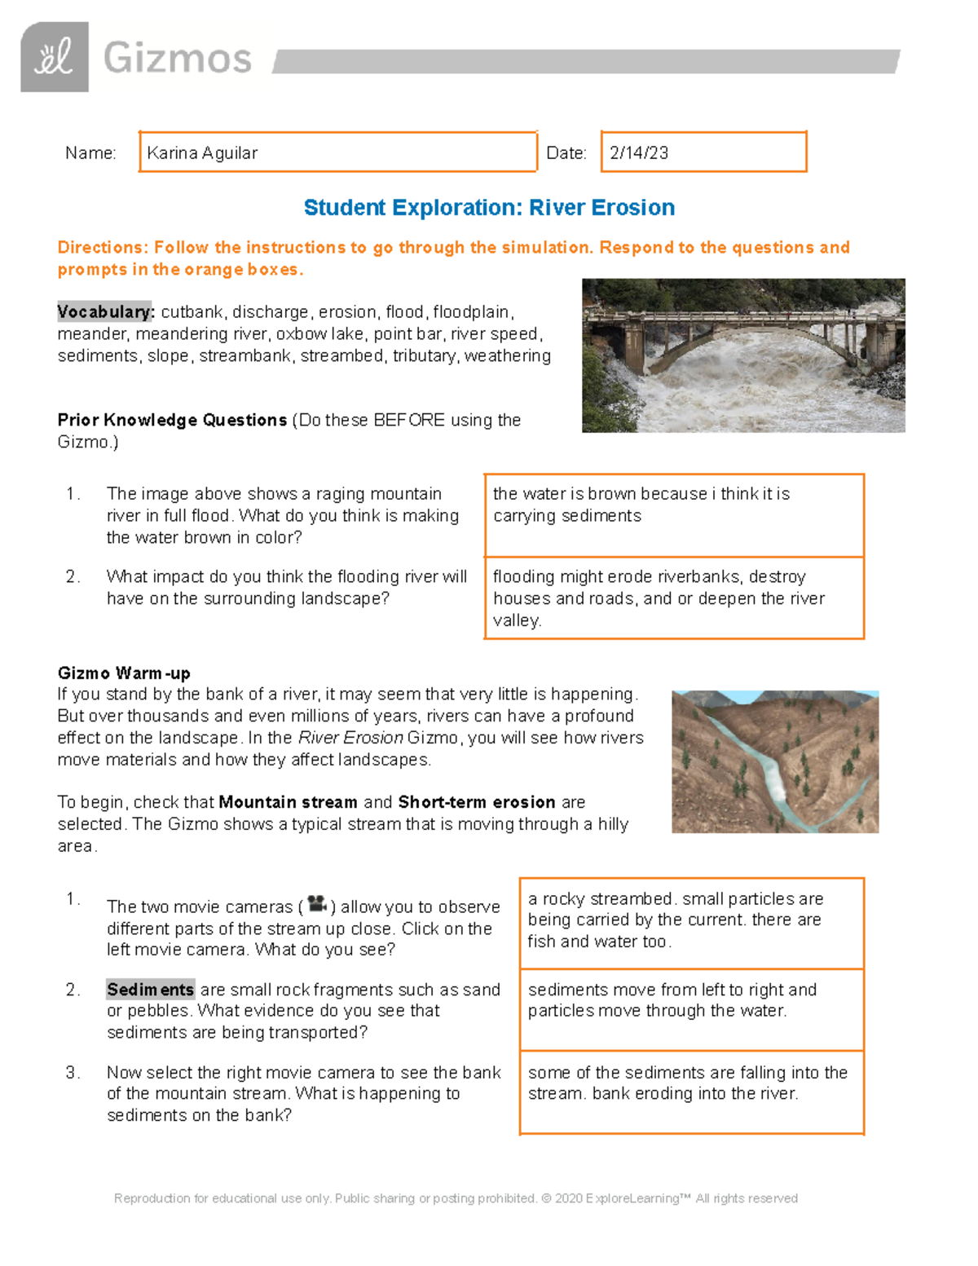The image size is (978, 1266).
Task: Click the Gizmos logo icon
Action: pos(54,57)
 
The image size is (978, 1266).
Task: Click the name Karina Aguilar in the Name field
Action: pos(202,153)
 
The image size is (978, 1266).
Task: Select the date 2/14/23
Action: pos(639,153)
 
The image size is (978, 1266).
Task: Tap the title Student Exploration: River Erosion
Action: pos(489,208)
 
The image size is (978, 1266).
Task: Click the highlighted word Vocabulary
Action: pos(104,312)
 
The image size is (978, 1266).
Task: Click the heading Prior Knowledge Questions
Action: pos(172,421)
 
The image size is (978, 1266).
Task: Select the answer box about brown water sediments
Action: pos(673,515)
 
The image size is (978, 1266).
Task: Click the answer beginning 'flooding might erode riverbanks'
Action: pos(673,598)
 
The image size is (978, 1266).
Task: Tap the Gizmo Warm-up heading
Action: pos(124,673)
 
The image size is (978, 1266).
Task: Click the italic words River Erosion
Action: pos(350,738)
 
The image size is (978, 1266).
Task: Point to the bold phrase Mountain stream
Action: pos(288,802)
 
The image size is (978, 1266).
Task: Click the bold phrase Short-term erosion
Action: pos(476,802)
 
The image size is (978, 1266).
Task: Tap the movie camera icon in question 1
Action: pos(317,904)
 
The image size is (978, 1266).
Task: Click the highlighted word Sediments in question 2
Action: pos(151,990)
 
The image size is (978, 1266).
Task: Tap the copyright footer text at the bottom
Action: pos(456,1198)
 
